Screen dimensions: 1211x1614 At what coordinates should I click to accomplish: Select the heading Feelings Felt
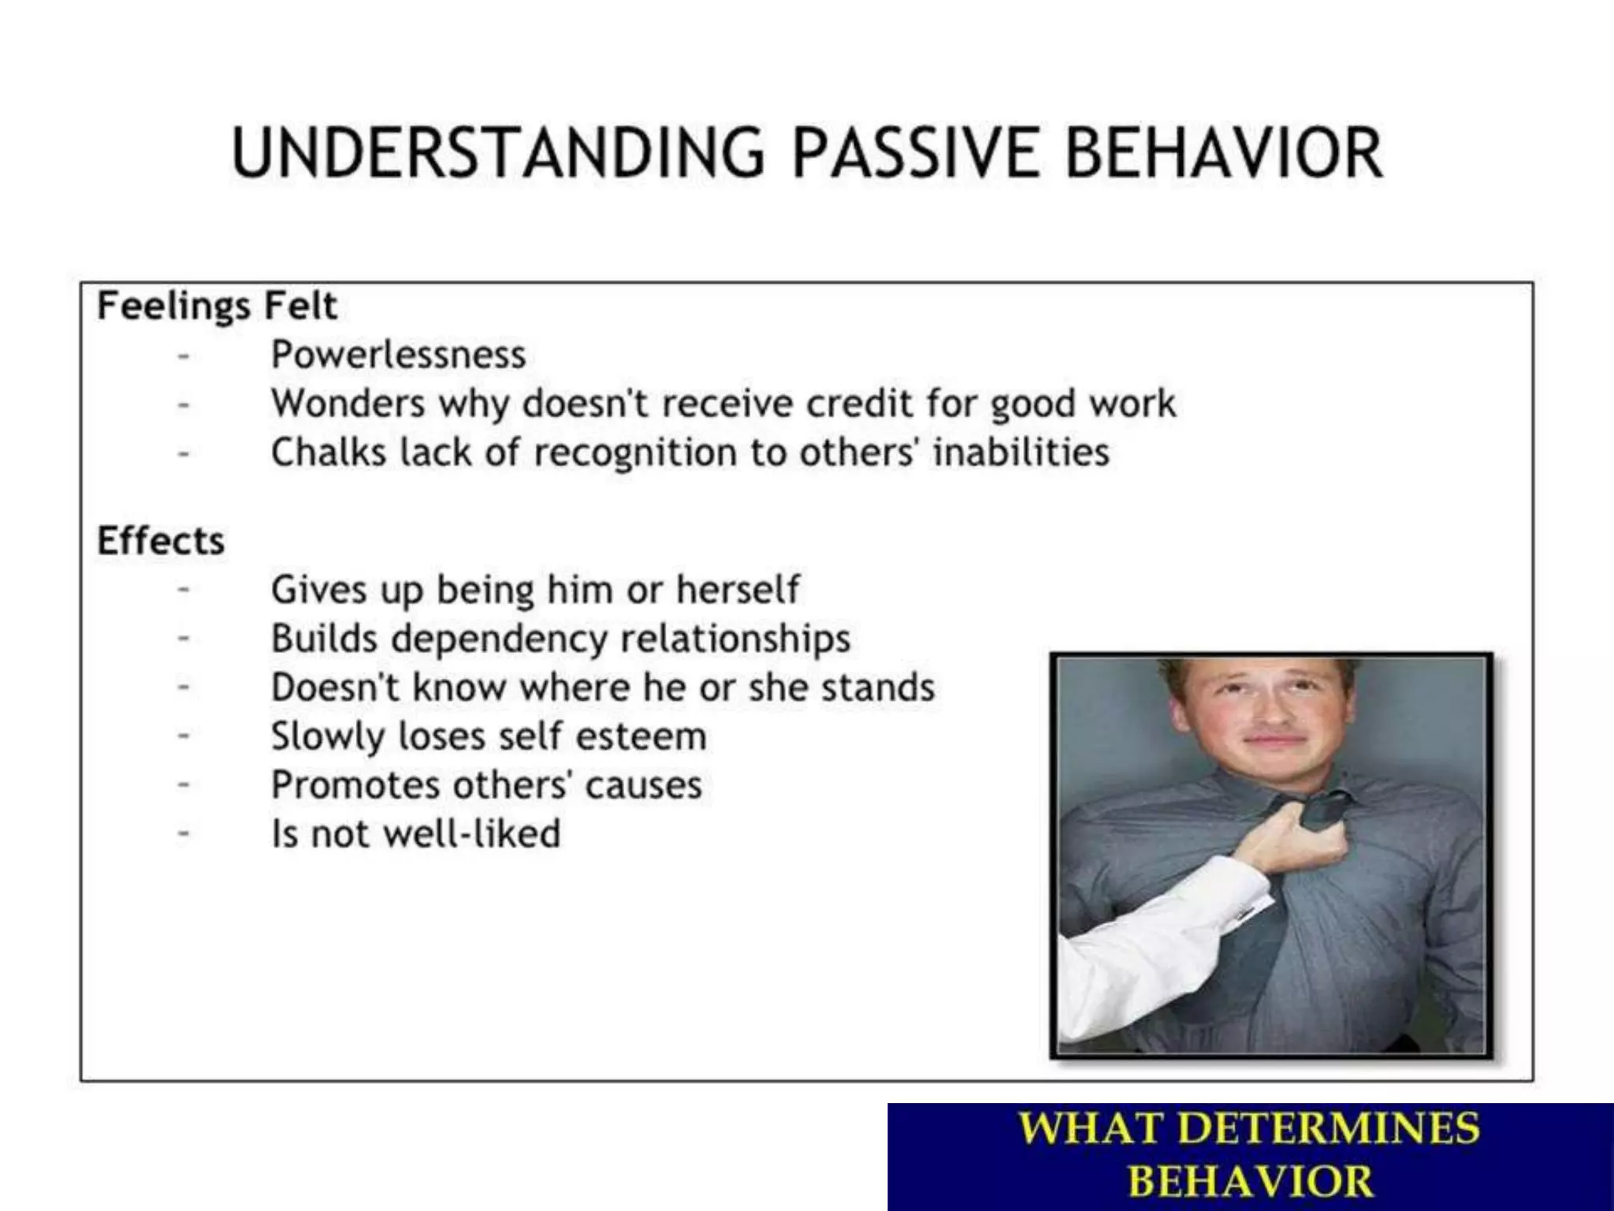[217, 306]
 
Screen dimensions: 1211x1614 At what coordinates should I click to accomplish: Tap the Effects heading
[161, 541]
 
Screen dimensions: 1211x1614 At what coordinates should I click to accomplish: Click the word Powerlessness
[398, 355]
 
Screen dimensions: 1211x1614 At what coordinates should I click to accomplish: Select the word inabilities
[1021, 453]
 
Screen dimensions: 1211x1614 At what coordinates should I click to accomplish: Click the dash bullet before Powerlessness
[184, 356]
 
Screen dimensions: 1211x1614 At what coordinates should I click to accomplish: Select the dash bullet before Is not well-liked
[184, 834]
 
